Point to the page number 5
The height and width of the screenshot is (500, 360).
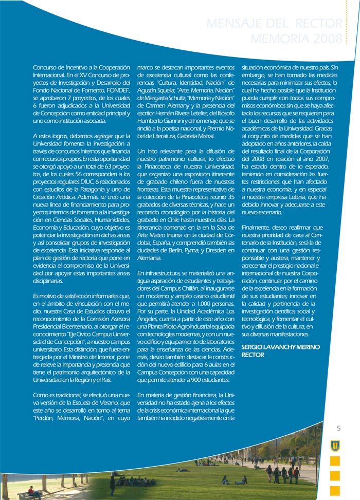[339, 429]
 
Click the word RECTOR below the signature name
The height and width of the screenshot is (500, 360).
[253, 355]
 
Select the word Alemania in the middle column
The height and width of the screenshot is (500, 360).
[150, 257]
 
